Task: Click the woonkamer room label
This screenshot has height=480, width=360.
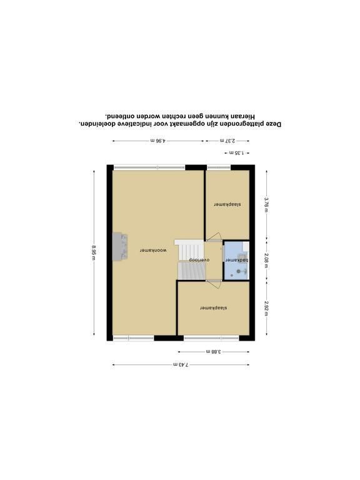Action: (153, 251)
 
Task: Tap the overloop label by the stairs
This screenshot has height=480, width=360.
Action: (199, 259)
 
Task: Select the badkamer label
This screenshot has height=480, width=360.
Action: (237, 260)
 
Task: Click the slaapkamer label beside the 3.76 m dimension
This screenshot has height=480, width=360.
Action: (227, 204)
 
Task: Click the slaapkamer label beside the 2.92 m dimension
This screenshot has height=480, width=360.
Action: (214, 307)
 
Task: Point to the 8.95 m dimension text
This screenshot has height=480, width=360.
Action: (94, 252)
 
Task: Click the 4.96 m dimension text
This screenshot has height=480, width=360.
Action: (158, 141)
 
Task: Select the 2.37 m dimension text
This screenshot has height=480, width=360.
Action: (227, 141)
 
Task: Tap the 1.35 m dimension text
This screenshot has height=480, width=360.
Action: (236, 152)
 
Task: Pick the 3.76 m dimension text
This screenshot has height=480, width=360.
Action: (267, 204)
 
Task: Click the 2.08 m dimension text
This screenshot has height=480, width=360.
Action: (267, 261)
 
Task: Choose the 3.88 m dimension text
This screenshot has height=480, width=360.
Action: (214, 352)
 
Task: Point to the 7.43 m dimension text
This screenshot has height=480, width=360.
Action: (181, 364)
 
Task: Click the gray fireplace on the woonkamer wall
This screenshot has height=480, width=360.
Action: (120, 247)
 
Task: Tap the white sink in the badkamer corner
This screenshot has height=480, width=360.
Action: (246, 246)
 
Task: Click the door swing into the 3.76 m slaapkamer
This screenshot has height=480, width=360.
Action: (214, 237)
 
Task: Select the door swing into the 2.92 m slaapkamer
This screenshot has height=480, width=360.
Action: (214, 285)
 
